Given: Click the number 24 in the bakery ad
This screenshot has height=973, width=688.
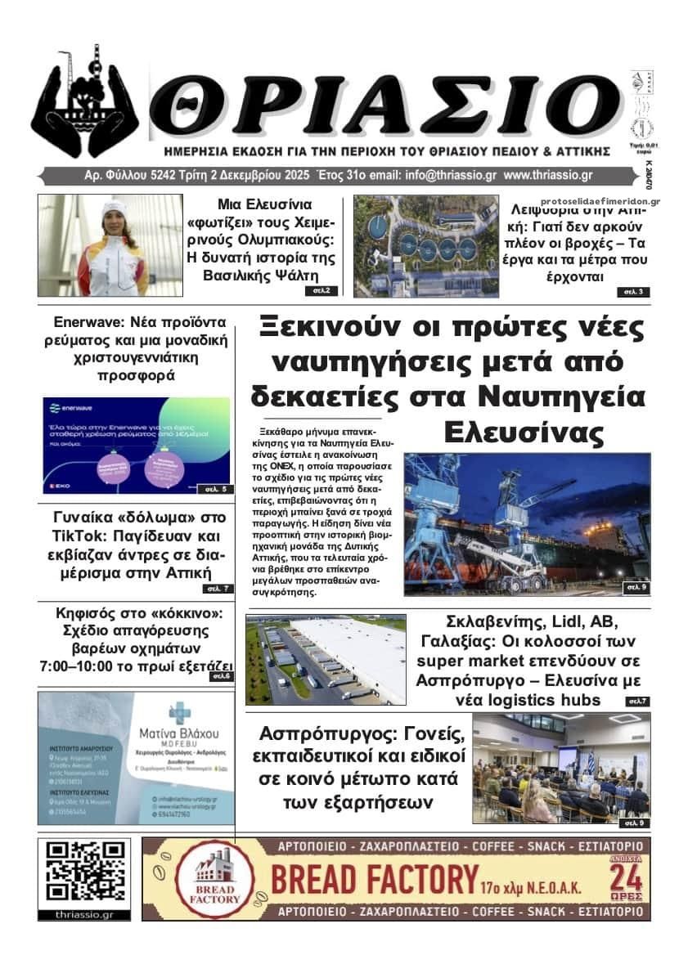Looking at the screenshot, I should (x=626, y=879).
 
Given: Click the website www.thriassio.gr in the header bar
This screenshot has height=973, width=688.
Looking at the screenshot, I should (x=548, y=176).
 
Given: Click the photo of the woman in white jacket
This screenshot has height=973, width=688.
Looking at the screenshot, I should (x=110, y=245).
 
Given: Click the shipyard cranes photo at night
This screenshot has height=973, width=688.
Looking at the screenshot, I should (x=527, y=523).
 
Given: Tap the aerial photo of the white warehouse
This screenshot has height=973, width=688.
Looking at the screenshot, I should (x=326, y=660).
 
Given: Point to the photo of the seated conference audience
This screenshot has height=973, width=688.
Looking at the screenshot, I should (x=560, y=768).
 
